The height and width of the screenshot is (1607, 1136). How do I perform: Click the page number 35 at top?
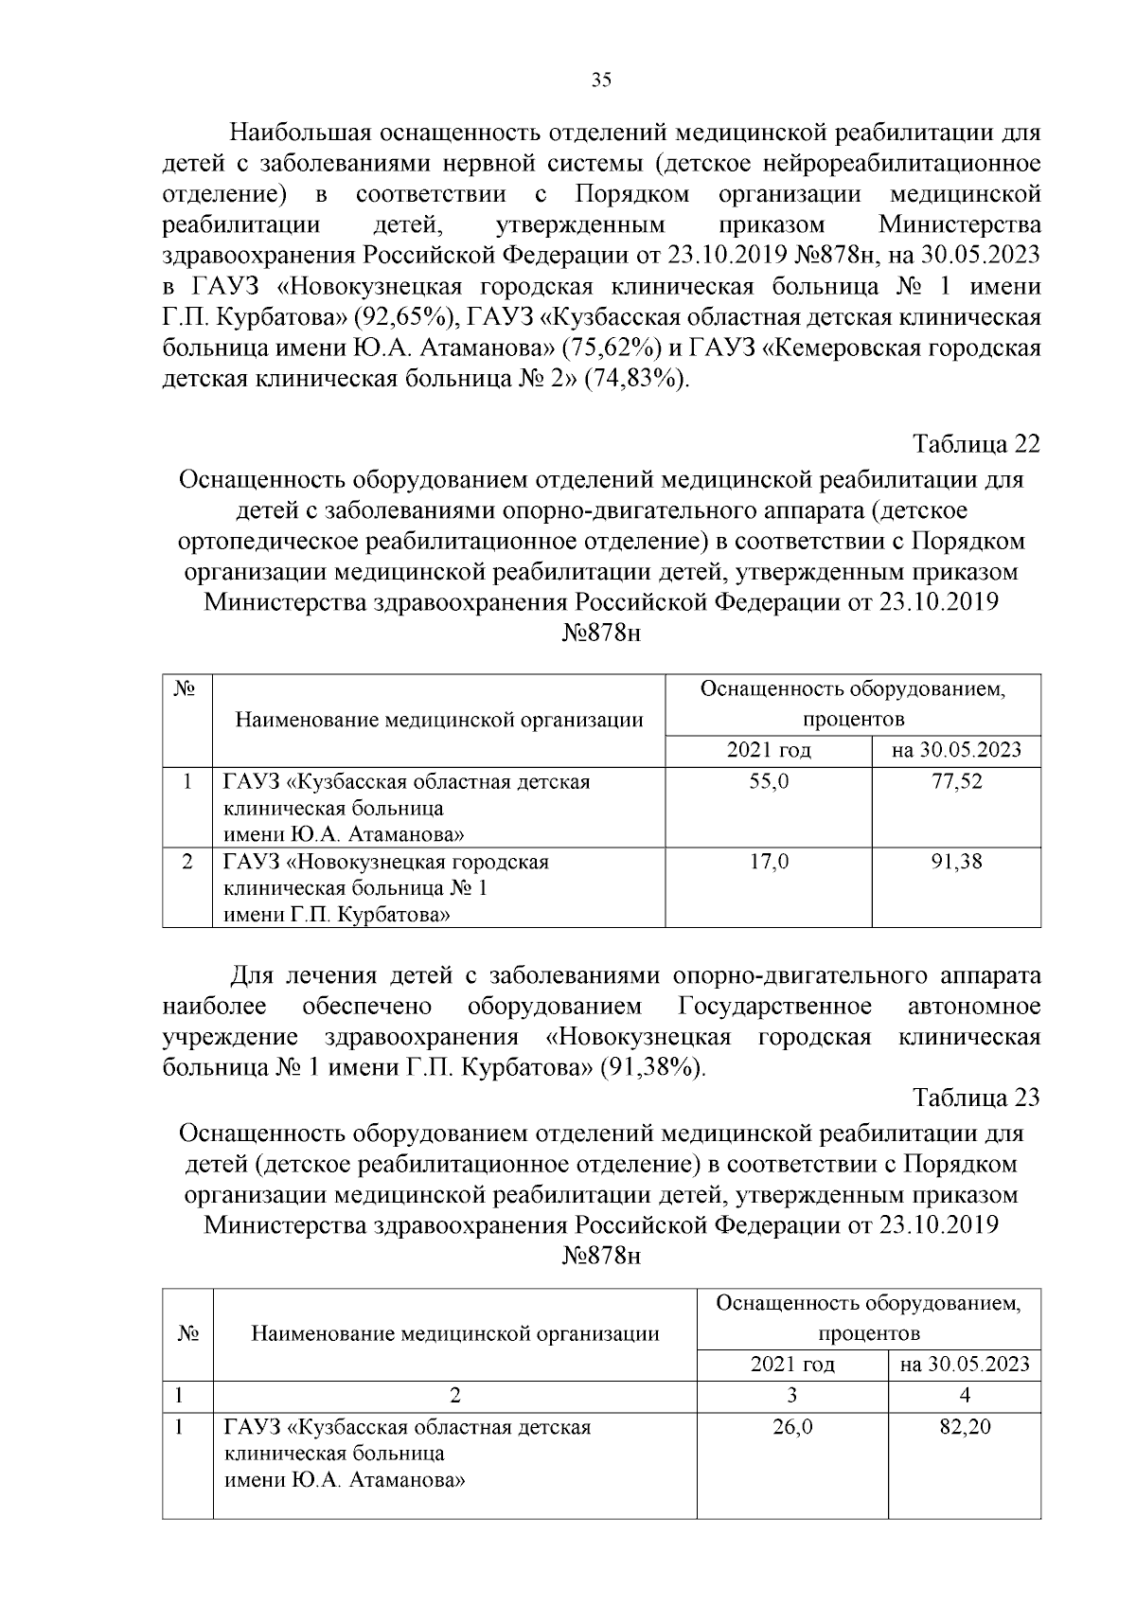tap(601, 80)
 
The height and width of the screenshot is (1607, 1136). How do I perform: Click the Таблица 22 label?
tap(976, 444)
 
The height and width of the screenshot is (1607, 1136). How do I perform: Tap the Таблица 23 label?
tap(976, 1098)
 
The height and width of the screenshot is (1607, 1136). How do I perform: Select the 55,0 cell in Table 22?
tap(769, 782)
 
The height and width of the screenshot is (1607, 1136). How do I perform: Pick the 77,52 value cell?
tap(956, 782)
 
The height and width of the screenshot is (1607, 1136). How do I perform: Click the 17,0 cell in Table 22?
tap(769, 863)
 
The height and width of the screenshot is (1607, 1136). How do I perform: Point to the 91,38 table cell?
tap(956, 863)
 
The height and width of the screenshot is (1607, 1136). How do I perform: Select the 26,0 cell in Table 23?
tap(792, 1427)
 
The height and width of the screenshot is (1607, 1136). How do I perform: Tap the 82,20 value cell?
tap(965, 1427)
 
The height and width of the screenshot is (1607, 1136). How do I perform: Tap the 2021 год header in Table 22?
tap(769, 751)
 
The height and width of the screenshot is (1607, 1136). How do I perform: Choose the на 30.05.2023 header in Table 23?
tap(965, 1365)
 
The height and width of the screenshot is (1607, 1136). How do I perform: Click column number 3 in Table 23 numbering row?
tap(792, 1395)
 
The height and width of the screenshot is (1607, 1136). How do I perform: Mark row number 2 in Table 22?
tap(187, 863)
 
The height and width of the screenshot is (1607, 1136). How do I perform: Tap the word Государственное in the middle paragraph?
tap(775, 1006)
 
